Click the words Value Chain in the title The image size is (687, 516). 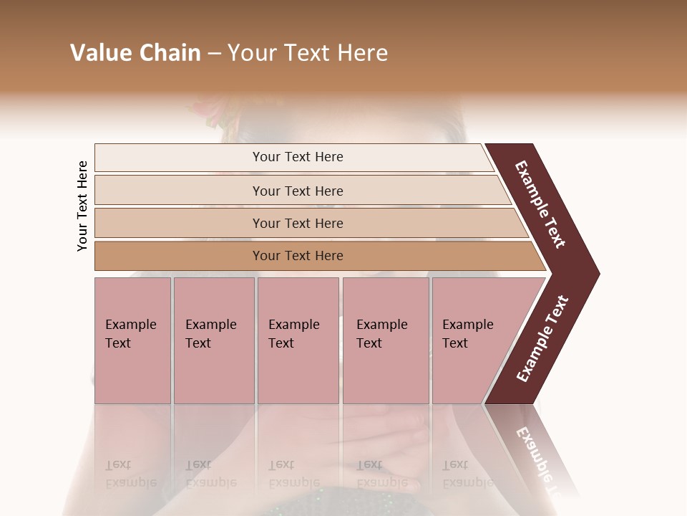[x=135, y=53]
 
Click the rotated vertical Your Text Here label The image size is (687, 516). [x=82, y=206]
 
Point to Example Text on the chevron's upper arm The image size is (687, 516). [x=540, y=204]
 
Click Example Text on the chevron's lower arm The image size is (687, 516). [x=542, y=339]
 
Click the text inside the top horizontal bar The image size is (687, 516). [x=298, y=157]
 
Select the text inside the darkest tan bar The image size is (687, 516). [x=298, y=256]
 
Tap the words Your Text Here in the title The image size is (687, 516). [x=308, y=53]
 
